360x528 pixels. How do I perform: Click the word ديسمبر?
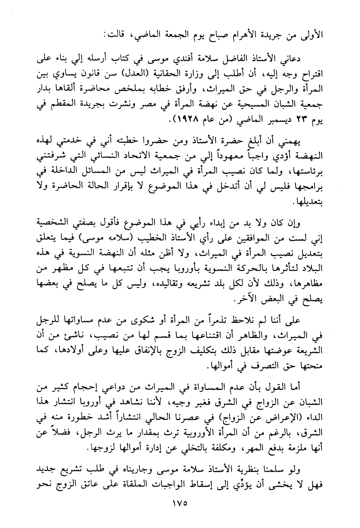click(x=275, y=120)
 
